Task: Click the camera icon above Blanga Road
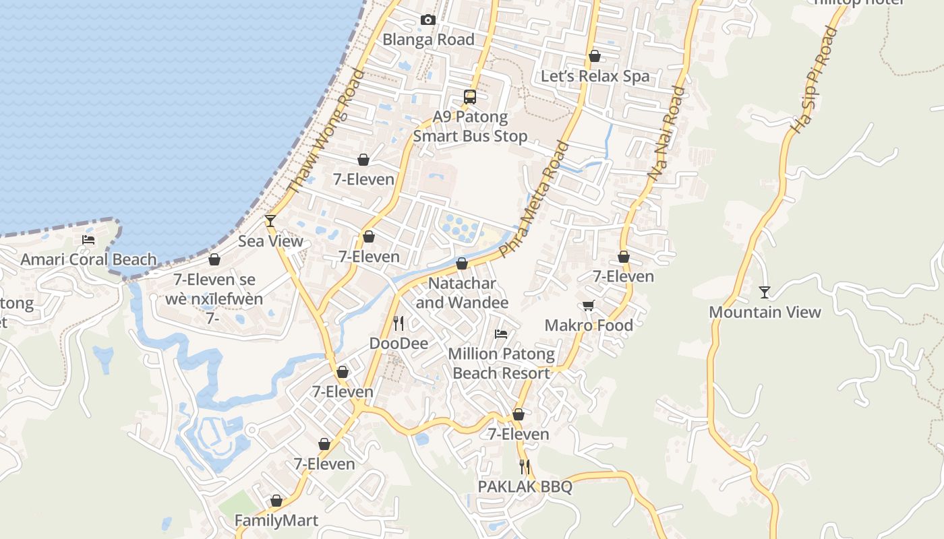click(x=427, y=20)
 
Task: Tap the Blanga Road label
click(x=428, y=40)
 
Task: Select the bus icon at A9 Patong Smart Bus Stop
click(x=470, y=97)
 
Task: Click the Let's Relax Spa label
click(x=595, y=76)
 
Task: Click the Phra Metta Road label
click(x=534, y=199)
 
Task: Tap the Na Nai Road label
click(x=666, y=133)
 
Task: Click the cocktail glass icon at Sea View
click(x=270, y=220)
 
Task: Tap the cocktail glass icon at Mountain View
click(x=765, y=292)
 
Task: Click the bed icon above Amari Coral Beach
click(x=88, y=239)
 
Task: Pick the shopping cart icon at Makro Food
click(x=589, y=306)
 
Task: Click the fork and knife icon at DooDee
click(x=399, y=323)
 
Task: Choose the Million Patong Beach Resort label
click(x=501, y=363)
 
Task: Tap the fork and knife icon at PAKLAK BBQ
click(x=525, y=466)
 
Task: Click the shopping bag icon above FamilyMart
click(x=276, y=501)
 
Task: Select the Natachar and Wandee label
click(x=462, y=293)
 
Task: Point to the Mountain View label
click(x=765, y=312)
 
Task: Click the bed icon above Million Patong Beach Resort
click(x=500, y=334)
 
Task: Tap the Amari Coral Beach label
click(x=88, y=259)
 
